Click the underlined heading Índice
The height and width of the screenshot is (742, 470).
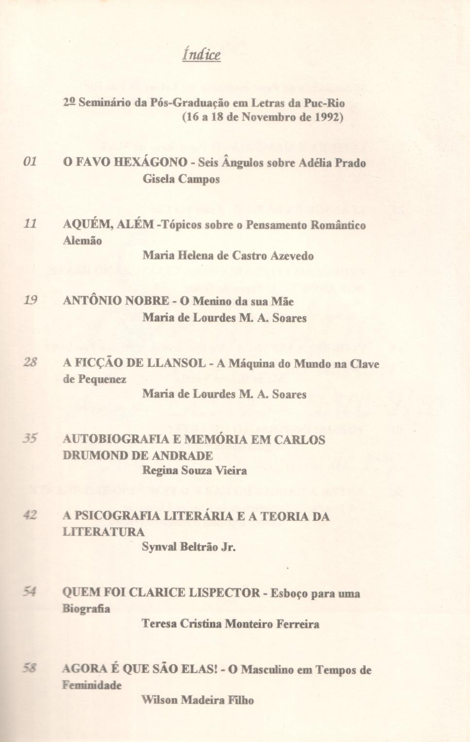point(201,54)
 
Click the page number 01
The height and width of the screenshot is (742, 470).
point(30,161)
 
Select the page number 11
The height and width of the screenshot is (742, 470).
point(30,224)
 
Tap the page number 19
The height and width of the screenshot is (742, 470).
point(30,300)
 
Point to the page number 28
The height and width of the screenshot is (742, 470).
point(30,362)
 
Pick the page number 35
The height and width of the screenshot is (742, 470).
point(30,439)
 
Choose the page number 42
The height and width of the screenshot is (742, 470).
point(30,515)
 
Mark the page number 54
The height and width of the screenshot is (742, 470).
point(30,592)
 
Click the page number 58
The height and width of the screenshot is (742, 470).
point(30,668)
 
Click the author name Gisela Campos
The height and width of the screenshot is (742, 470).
point(181,179)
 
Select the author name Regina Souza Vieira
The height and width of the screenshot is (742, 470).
point(194,471)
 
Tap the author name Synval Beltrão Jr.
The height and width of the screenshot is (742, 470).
point(189,547)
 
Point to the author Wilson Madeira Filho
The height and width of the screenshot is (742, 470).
point(198,700)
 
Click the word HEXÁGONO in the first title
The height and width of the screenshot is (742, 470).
point(151,163)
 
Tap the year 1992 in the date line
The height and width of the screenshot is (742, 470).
point(326,118)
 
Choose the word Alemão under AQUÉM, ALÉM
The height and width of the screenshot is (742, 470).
point(83,241)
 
